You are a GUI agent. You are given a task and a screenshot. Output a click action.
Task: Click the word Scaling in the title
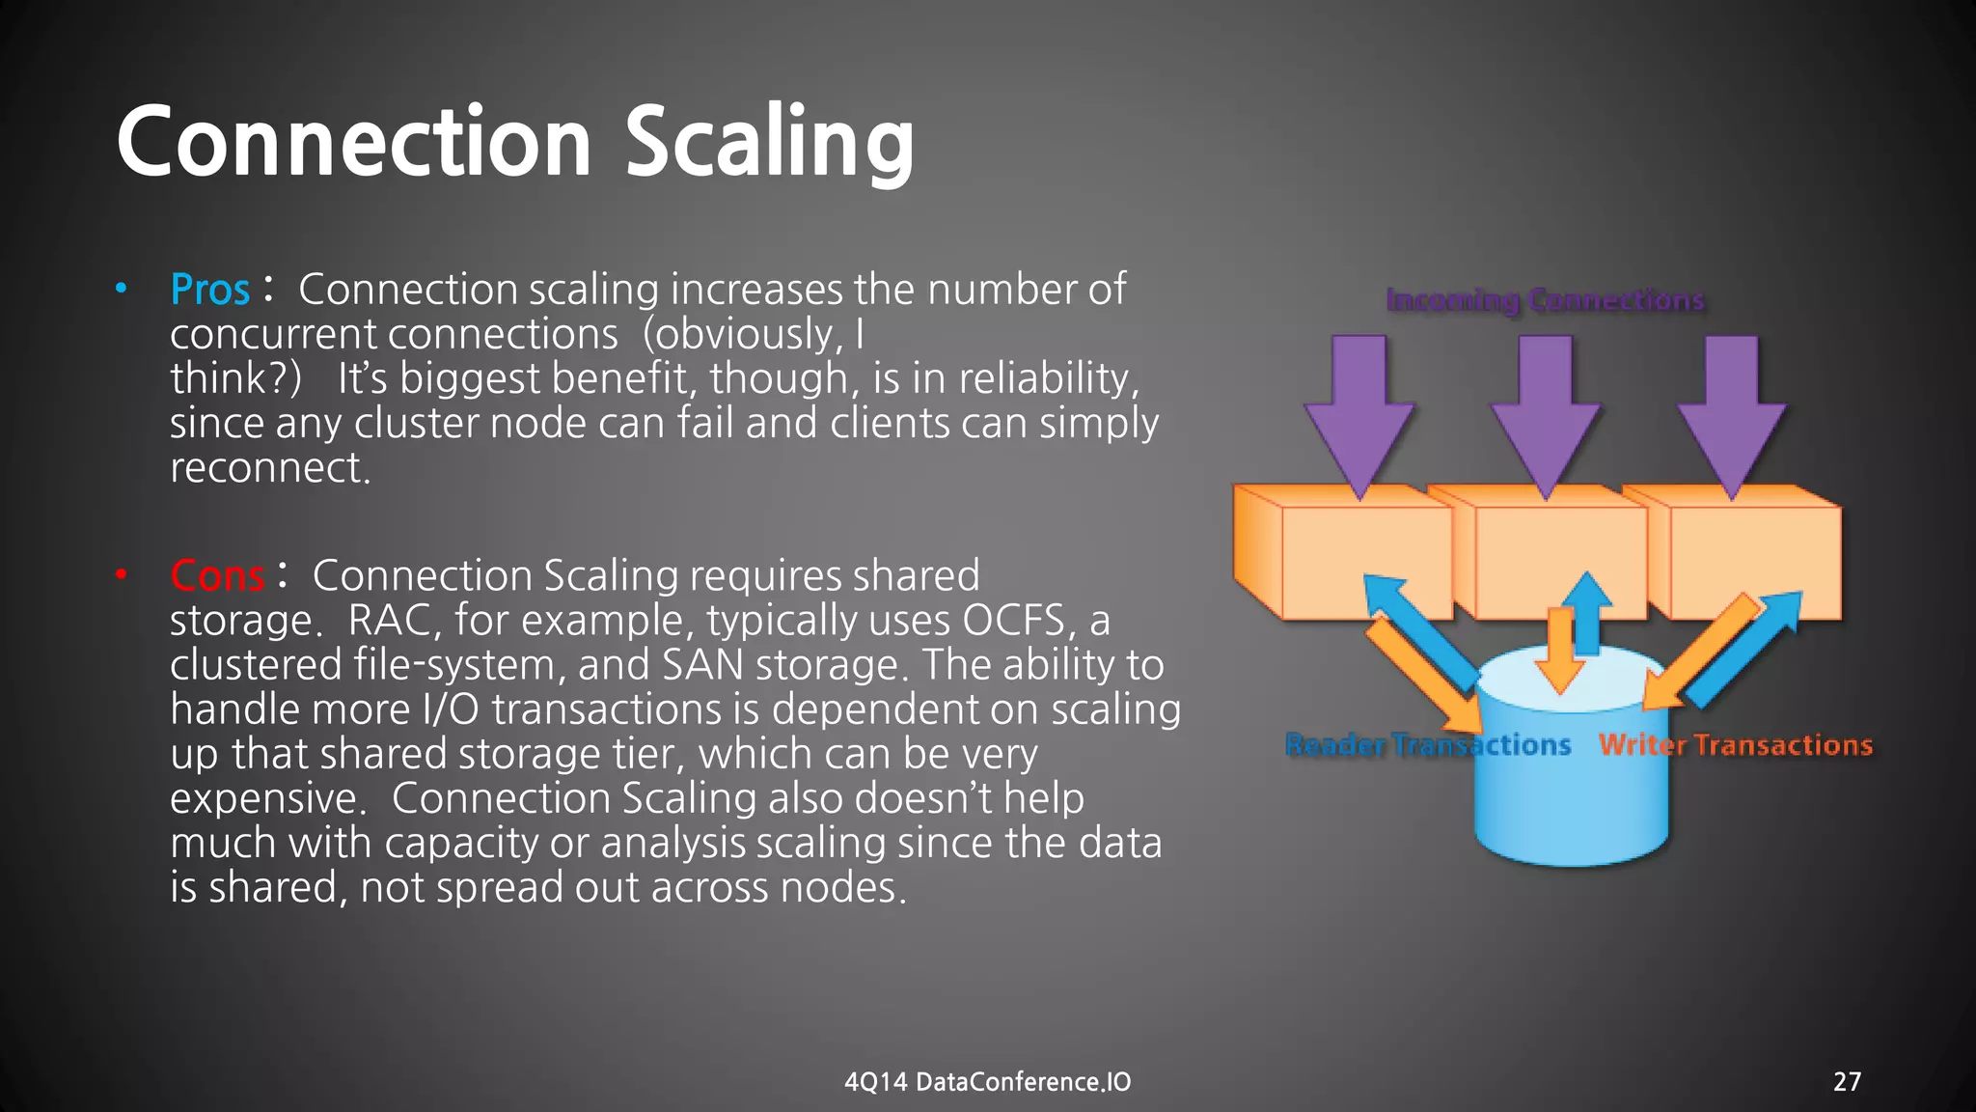[x=769, y=143]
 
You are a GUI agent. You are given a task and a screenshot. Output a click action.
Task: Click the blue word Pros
[x=209, y=290]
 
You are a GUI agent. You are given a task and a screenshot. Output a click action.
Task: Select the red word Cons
[x=217, y=575]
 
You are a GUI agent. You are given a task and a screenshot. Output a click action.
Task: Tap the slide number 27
[x=1847, y=1081]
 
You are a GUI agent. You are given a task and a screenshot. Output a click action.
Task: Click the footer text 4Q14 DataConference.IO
[x=987, y=1081]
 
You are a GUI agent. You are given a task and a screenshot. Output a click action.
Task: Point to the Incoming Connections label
[x=1545, y=300]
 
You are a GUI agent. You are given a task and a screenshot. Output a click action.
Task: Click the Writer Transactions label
[x=1735, y=745]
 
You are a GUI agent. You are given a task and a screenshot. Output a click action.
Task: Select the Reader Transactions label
[x=1428, y=745]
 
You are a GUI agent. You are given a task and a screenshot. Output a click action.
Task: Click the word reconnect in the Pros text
[x=267, y=468]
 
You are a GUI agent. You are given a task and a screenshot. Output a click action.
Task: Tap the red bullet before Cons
[x=121, y=575]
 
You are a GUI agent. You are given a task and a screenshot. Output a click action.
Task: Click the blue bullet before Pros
[x=121, y=289]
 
